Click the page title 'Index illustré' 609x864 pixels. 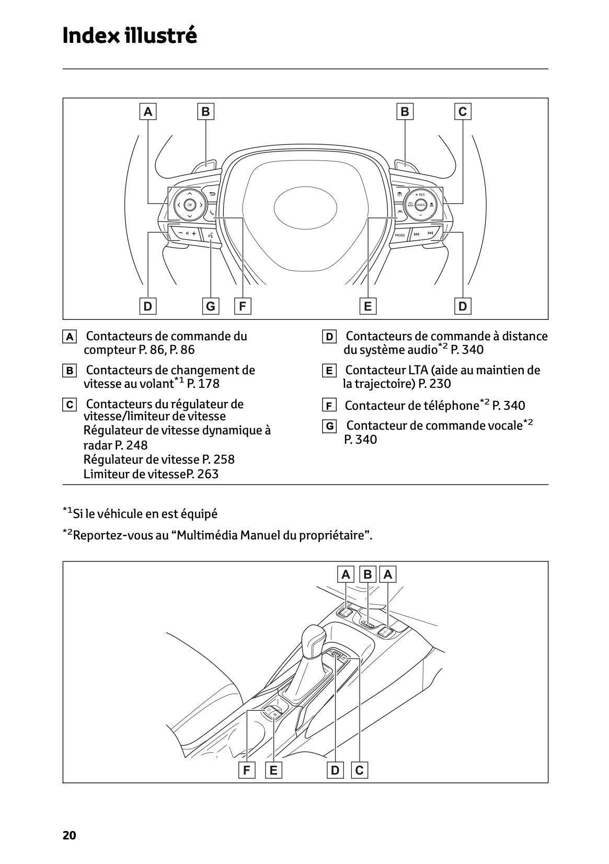[130, 36]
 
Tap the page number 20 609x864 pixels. [69, 835]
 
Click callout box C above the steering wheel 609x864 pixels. [463, 111]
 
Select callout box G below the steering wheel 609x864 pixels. [211, 306]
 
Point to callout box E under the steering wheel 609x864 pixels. [368, 306]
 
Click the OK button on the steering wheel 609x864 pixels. [189, 205]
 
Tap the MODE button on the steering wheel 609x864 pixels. [400, 235]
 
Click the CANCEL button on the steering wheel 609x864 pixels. [420, 205]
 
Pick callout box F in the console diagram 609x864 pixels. [246, 770]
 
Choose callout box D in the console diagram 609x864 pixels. [335, 770]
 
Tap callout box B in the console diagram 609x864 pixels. [367, 575]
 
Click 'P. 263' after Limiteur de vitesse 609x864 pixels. [203, 474]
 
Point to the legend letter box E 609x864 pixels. [329, 371]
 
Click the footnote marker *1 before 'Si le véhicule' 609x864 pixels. [67, 511]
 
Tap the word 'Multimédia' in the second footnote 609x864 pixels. [208, 536]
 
